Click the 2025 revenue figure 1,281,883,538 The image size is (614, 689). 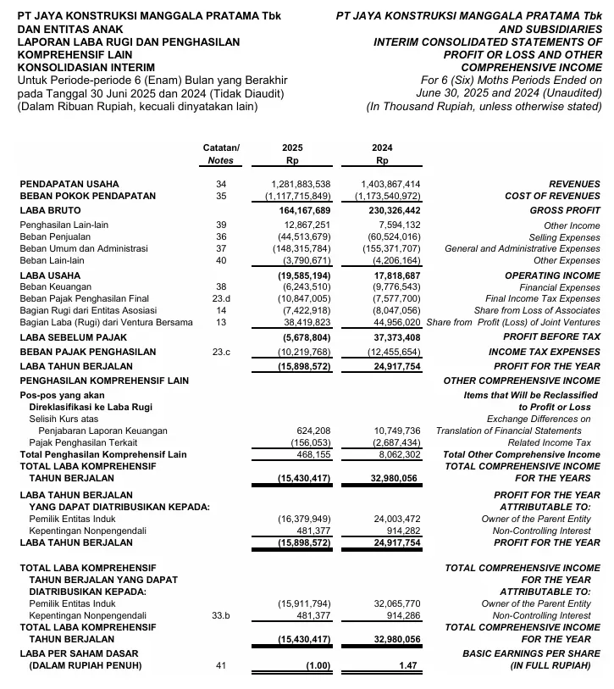tap(301, 184)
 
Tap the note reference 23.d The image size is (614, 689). tap(221, 299)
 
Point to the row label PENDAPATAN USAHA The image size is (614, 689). tap(69, 184)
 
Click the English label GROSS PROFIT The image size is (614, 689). tap(564, 209)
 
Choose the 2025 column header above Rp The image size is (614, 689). tap(291, 147)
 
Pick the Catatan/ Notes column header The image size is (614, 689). tap(221, 153)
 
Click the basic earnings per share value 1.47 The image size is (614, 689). tap(411, 667)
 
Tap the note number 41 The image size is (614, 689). tap(221, 667)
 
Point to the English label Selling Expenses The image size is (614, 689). tap(564, 237)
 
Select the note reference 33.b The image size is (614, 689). tap(221, 616)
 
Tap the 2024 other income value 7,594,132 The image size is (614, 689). tap(396, 225)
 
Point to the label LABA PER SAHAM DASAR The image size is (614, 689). tap(79, 654)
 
